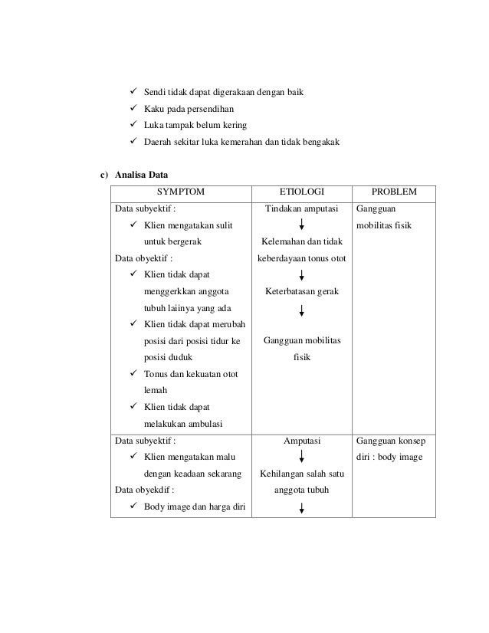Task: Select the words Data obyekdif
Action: point(143,490)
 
